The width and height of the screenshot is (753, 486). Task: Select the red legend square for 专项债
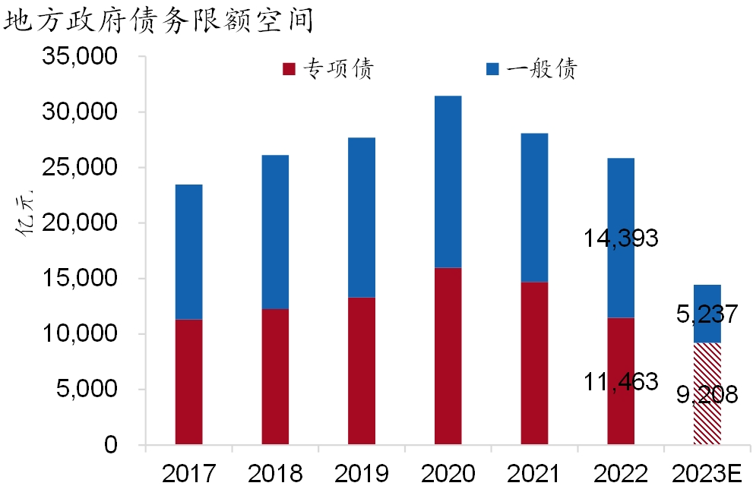point(289,70)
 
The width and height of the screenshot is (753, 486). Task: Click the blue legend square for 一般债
point(492,70)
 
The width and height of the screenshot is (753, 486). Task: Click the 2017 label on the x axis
point(188,472)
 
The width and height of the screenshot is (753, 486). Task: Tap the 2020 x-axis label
point(448,472)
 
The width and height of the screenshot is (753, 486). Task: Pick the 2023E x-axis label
point(708,472)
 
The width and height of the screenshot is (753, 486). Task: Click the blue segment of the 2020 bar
point(448,182)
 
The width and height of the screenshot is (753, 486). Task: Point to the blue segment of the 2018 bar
point(275,232)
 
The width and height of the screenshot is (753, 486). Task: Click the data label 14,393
point(621,238)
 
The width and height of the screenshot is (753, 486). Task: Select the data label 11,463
point(621,382)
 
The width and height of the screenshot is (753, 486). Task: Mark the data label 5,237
point(707,314)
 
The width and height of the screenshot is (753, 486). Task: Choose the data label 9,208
point(707,395)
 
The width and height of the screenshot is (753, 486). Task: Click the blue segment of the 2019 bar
point(362,217)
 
